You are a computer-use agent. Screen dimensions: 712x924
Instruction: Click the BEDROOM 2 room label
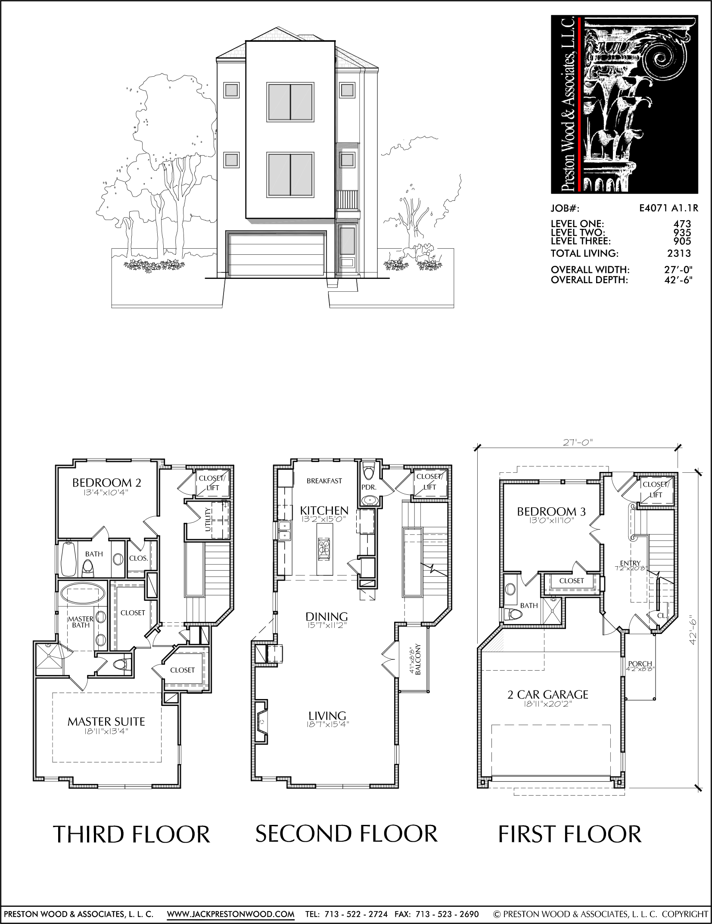click(107, 482)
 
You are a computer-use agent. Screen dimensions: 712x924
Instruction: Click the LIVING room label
click(327, 716)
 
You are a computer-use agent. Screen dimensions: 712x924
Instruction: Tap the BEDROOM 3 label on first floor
click(551, 512)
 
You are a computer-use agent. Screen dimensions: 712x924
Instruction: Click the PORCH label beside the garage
click(640, 664)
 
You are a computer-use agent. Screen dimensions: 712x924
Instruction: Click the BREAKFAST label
click(324, 481)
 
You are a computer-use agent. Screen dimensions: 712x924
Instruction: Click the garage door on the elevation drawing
click(277, 254)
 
